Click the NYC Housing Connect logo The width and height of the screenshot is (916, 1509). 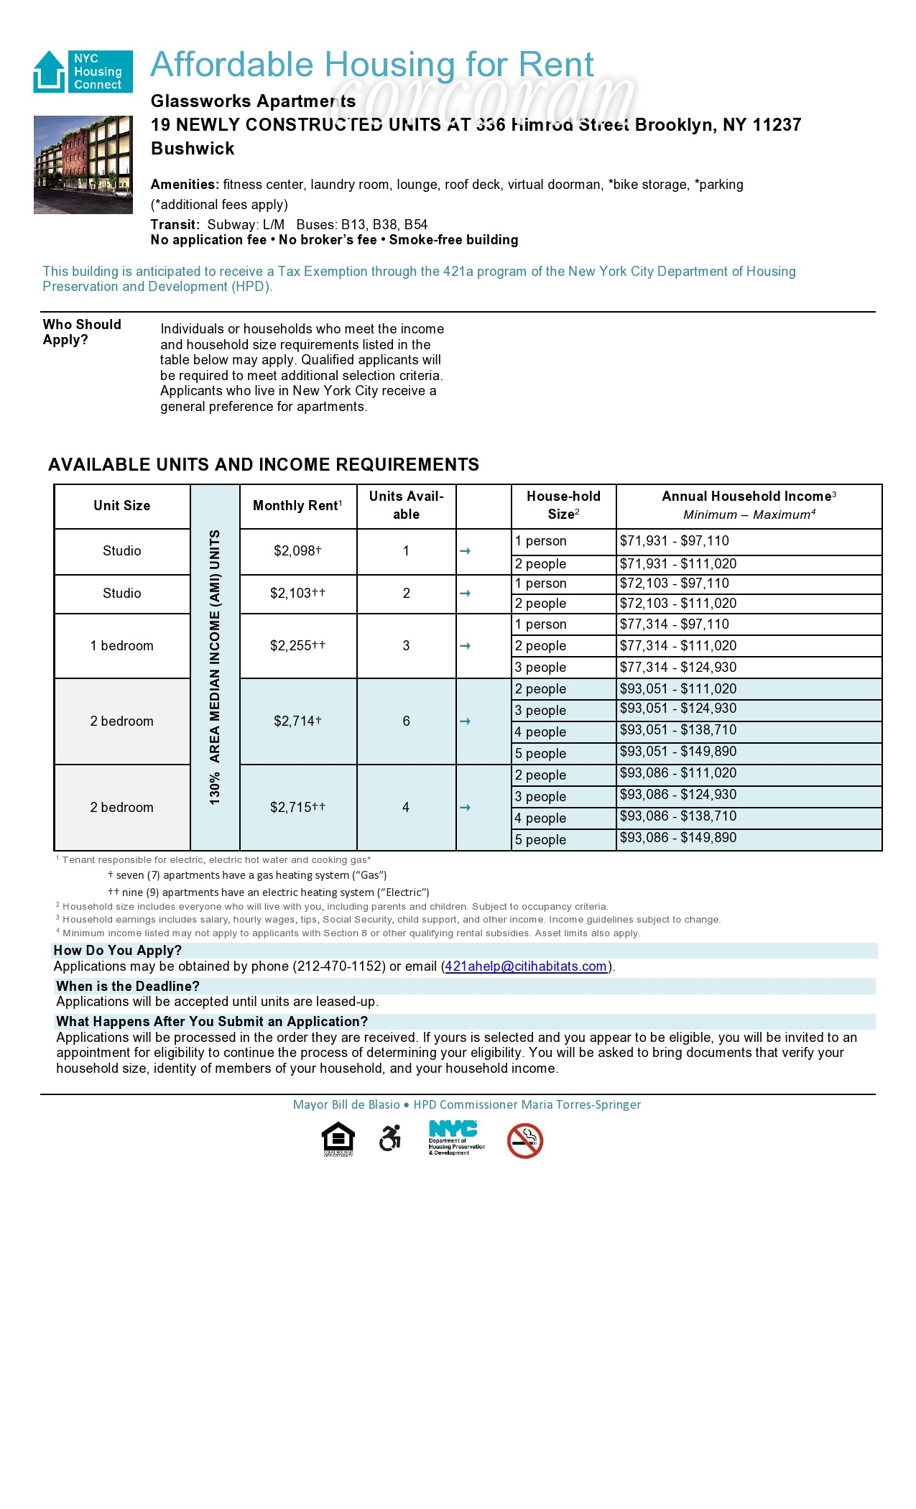click(83, 71)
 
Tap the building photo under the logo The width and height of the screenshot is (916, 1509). click(83, 165)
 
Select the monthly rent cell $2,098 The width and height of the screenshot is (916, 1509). click(297, 551)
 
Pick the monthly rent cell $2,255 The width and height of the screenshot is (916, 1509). click(297, 645)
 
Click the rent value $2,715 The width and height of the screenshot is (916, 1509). click(297, 807)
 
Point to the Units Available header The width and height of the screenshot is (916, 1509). click(406, 505)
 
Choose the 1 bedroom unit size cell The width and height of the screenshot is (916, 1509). click(121, 645)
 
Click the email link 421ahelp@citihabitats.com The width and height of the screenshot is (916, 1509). click(526, 966)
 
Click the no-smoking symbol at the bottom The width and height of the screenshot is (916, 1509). click(524, 1141)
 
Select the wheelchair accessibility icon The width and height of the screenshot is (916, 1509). click(389, 1139)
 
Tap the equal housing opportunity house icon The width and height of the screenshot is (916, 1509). click(338, 1139)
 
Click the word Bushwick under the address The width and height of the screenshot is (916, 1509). click(193, 149)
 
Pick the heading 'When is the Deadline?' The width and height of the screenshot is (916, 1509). click(128, 986)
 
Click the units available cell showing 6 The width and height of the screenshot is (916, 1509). click(406, 721)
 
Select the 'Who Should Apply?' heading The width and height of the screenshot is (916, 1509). click(82, 332)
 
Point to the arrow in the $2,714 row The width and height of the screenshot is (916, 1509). click(465, 721)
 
